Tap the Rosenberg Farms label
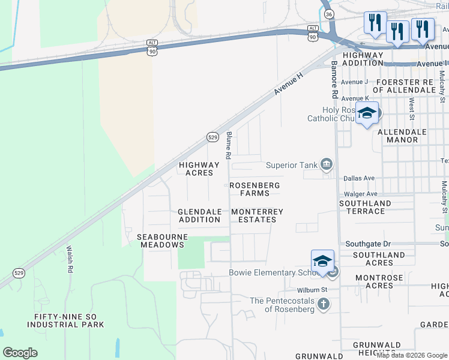[x=255, y=190]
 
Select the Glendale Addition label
[x=199, y=215]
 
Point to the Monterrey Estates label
[x=257, y=215]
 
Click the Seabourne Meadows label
[x=162, y=241]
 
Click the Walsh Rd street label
[x=70, y=259]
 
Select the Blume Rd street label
[x=229, y=145]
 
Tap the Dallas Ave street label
[x=359, y=178]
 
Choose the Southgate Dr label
[x=368, y=244]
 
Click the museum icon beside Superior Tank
[x=327, y=164]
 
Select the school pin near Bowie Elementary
[x=322, y=261]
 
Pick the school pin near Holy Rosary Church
[x=367, y=113]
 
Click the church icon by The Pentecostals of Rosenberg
[x=324, y=304]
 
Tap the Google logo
[x=20, y=353]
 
